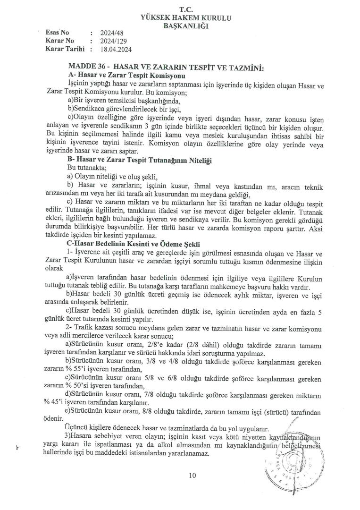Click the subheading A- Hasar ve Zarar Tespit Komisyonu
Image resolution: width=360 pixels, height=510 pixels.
pos(127,76)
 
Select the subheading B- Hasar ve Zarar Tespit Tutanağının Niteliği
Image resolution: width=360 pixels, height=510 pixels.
pos(140,161)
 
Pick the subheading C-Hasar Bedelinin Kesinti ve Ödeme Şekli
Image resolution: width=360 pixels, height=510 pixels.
pos(134,244)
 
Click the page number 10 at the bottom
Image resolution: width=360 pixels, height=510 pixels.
pos(192,476)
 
